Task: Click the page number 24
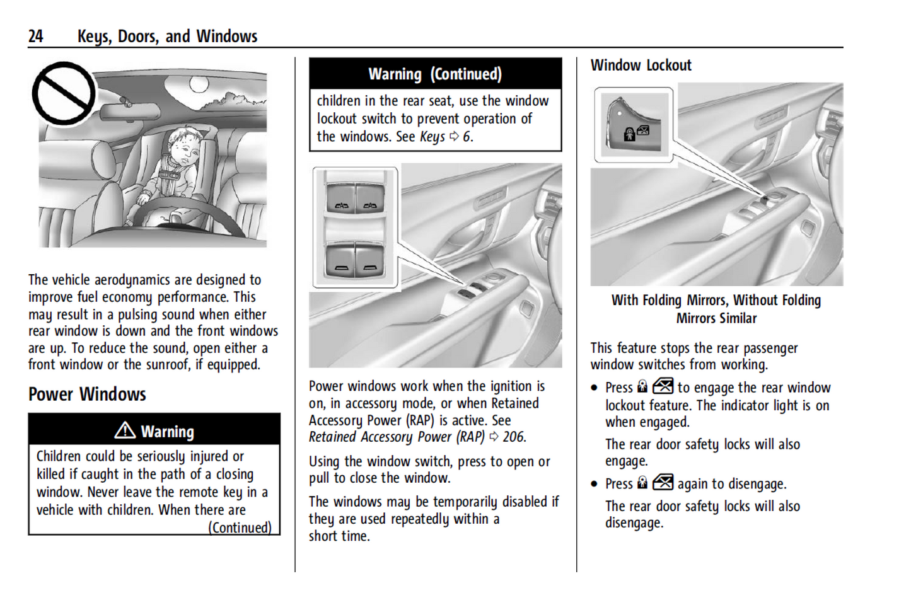[x=35, y=36]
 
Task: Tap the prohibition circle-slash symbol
[x=64, y=93]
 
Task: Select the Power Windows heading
[x=87, y=395]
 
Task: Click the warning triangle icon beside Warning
[x=125, y=430]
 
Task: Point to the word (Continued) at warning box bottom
[x=240, y=527]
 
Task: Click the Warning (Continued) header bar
[x=435, y=74]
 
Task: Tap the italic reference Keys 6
[x=446, y=137]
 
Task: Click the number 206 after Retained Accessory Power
[x=513, y=437]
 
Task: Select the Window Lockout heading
[x=641, y=66]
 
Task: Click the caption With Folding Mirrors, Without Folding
[x=716, y=301]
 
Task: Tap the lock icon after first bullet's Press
[x=642, y=387]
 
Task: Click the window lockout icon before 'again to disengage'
[x=663, y=483]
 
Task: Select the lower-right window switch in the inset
[x=370, y=262]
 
